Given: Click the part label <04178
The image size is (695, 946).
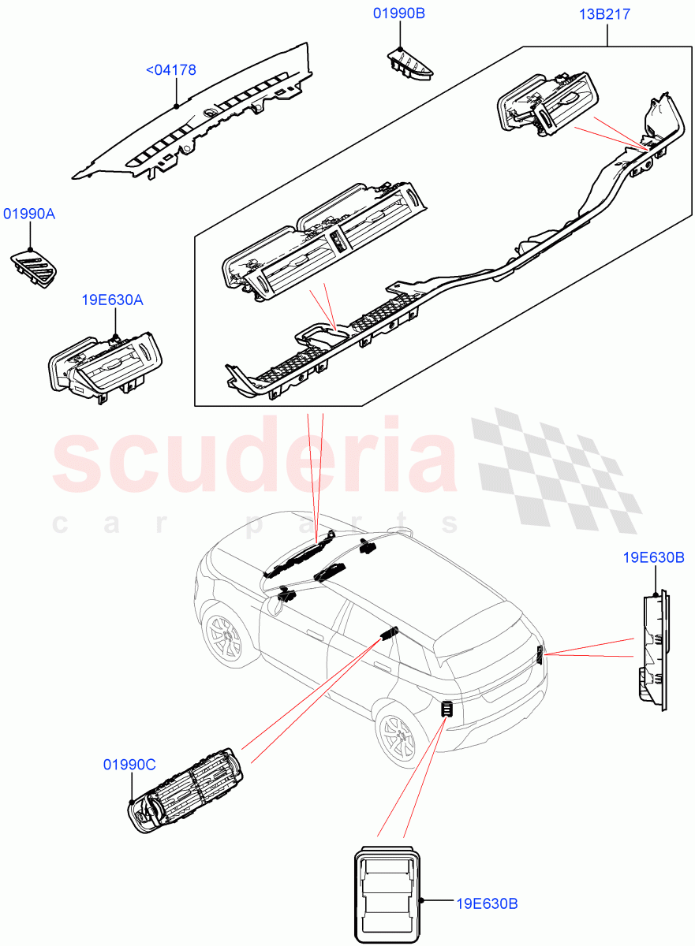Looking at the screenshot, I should pyautogui.click(x=171, y=70).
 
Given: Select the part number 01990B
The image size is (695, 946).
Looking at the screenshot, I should pyautogui.click(x=398, y=13).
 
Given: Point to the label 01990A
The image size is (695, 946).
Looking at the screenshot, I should pyautogui.click(x=30, y=214).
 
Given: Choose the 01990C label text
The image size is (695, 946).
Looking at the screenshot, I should pyautogui.click(x=129, y=764).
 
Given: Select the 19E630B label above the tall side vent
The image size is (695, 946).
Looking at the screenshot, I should pyautogui.click(x=652, y=559).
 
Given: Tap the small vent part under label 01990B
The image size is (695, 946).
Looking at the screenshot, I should pyautogui.click(x=410, y=64).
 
